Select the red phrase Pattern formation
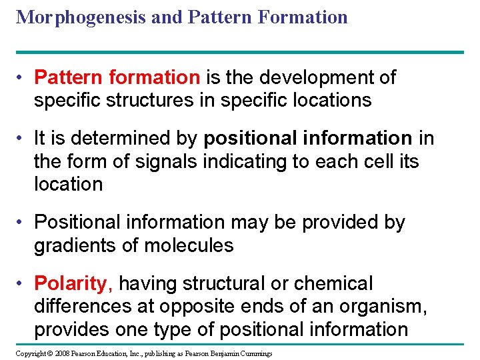click(x=117, y=77)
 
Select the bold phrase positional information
click(x=308, y=138)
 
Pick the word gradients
click(x=75, y=245)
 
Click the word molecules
click(x=190, y=245)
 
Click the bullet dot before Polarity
click(x=23, y=283)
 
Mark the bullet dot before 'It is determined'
click(x=23, y=139)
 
